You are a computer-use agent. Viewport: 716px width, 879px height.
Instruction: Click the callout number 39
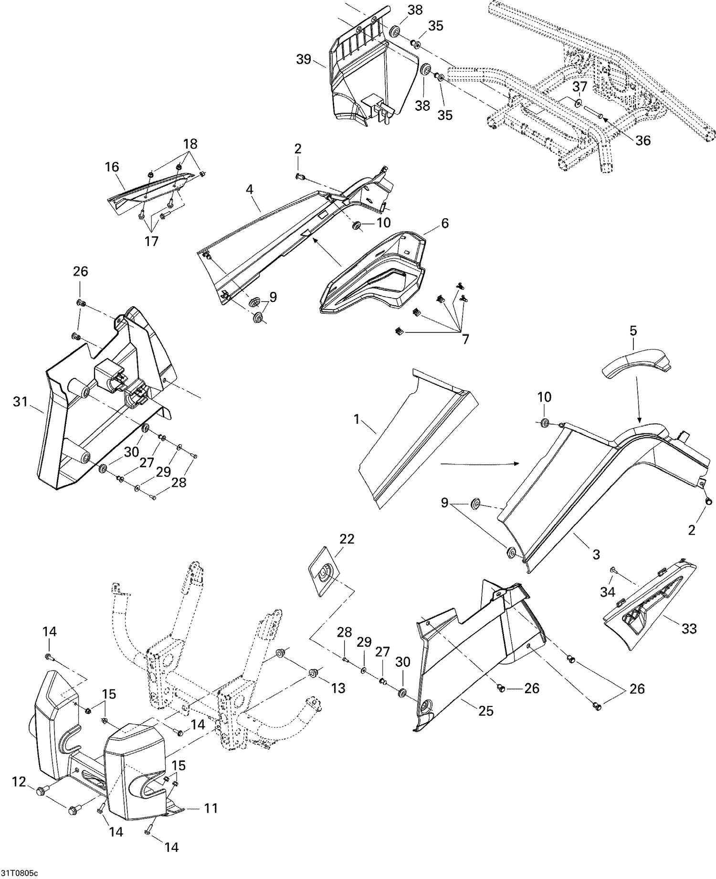304,59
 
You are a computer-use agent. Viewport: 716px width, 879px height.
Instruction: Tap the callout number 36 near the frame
643,140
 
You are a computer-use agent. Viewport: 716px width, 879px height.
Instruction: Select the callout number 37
579,87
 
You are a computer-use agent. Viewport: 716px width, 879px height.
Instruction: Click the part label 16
112,167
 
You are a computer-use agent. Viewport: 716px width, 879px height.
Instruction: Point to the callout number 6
444,223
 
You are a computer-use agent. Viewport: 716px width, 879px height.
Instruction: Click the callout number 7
465,339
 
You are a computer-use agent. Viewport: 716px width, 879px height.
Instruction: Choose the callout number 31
21,402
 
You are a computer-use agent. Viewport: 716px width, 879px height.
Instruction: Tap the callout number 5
633,331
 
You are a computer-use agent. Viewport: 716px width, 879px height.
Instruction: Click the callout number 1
356,419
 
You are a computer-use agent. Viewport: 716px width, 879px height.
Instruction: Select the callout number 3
596,555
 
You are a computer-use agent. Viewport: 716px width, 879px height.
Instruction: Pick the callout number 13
338,688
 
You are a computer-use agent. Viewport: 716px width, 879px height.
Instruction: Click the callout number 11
211,808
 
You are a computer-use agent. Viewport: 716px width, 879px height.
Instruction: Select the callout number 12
19,782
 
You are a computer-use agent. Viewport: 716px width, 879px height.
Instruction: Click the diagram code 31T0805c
18,871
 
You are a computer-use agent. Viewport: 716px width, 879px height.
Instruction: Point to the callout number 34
608,592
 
